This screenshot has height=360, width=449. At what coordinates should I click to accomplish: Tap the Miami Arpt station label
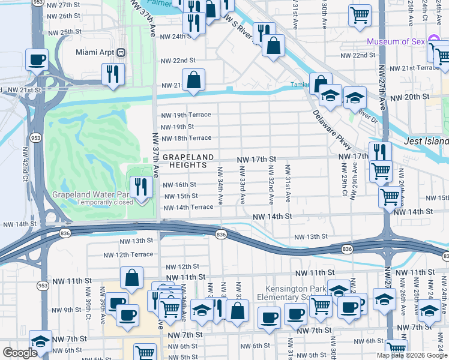(x=95, y=52)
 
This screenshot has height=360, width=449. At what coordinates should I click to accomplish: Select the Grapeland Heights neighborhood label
(x=188, y=161)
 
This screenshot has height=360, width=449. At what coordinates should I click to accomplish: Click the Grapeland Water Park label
(x=89, y=194)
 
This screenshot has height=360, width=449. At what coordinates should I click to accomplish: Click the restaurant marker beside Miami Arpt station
(x=112, y=74)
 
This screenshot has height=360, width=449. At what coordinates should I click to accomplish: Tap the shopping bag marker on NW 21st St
(x=193, y=79)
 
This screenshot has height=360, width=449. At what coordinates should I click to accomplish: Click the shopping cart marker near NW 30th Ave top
(x=360, y=15)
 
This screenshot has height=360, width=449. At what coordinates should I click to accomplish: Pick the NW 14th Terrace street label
(x=188, y=207)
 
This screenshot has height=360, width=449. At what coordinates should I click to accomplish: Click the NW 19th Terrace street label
(x=184, y=115)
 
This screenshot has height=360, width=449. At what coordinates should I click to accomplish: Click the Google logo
(x=20, y=353)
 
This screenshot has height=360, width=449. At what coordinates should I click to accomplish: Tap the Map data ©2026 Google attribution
(x=411, y=355)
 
